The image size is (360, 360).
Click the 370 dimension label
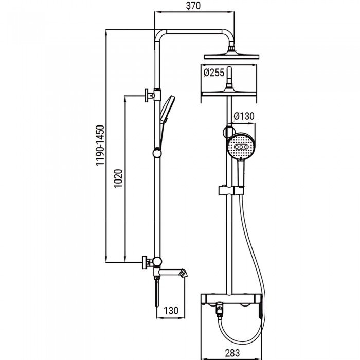[x=193, y=6]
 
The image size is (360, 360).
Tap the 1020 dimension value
[x=118, y=179]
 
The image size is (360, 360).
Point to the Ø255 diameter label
[x=213, y=73]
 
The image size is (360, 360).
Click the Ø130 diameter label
[x=243, y=116]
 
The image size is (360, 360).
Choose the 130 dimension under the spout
[x=170, y=311]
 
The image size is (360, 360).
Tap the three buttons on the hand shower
[x=240, y=147]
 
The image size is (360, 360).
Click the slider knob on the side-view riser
[x=156, y=152]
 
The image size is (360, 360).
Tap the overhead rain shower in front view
[x=234, y=55]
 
